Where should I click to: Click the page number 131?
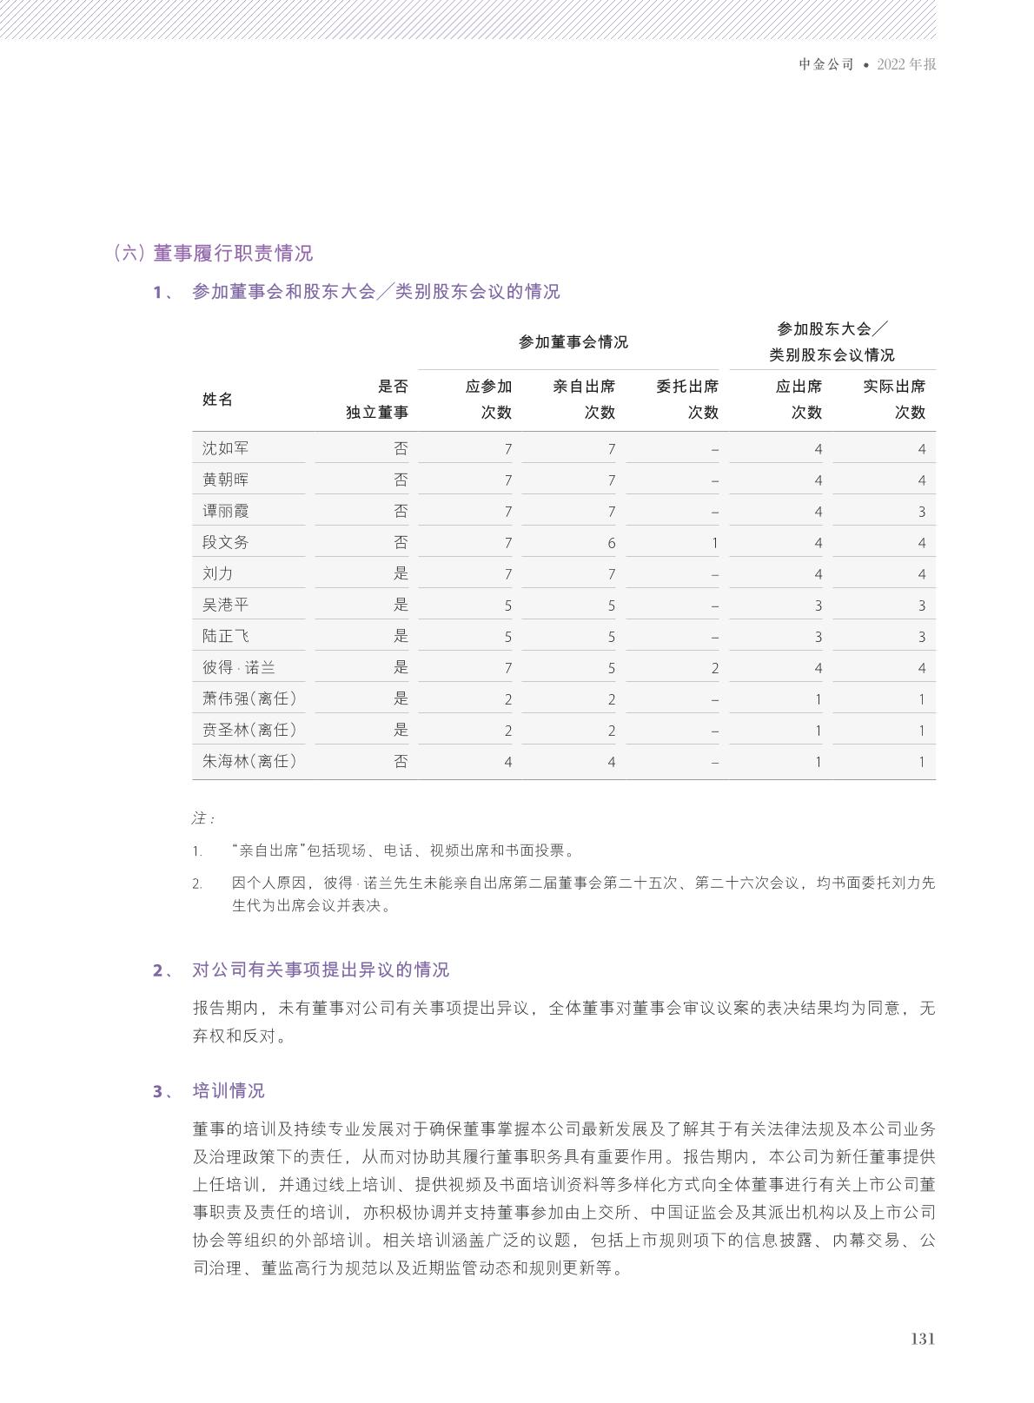(x=922, y=1339)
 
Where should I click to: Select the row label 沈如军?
(x=225, y=448)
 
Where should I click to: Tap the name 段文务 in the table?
(x=225, y=542)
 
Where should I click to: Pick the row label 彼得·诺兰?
(x=239, y=667)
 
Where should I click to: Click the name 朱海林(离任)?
(x=249, y=761)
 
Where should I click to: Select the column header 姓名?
(x=217, y=399)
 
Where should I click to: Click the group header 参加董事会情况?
(x=573, y=342)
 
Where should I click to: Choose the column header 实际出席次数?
(x=893, y=399)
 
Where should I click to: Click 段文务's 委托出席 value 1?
(x=714, y=543)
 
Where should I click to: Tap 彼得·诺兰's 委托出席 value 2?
(x=714, y=668)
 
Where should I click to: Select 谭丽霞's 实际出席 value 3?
(x=921, y=512)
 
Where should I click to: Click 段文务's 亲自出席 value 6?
(x=611, y=543)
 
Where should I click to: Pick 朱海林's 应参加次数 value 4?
(x=507, y=762)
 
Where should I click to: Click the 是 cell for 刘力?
(x=400, y=573)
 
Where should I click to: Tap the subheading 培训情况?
(x=228, y=1091)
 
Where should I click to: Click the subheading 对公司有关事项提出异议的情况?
(x=320, y=970)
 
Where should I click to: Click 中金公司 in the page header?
(x=826, y=64)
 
